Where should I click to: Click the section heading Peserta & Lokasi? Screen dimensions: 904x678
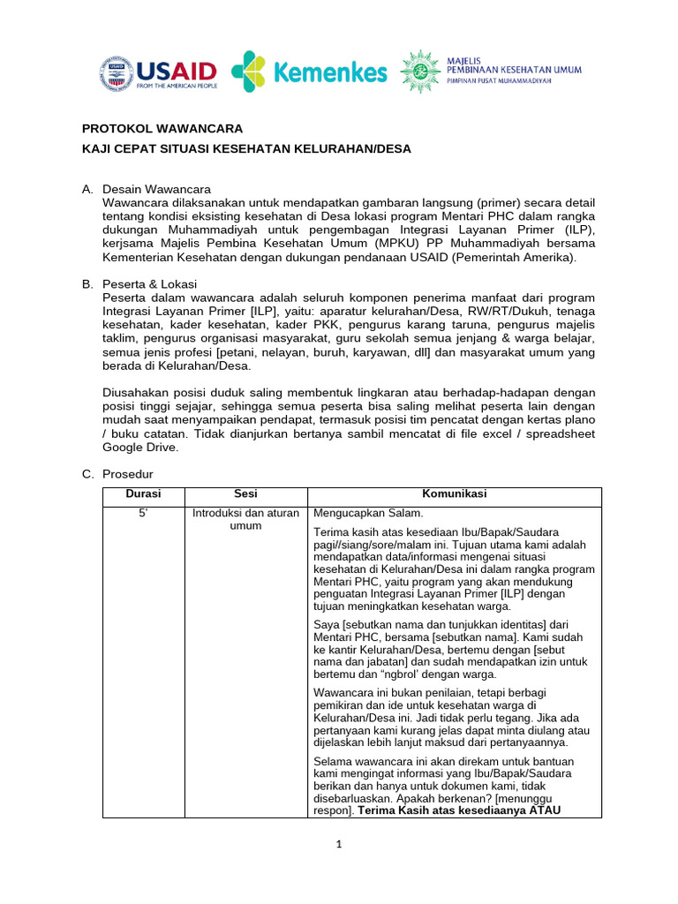155,283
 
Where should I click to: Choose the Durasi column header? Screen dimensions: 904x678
143,494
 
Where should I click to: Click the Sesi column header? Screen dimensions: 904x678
245,494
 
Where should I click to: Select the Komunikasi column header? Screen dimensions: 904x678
454,494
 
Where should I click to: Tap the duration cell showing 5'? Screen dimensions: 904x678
143,513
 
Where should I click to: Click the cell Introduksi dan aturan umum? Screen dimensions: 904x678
245,519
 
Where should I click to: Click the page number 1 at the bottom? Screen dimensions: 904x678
338,844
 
